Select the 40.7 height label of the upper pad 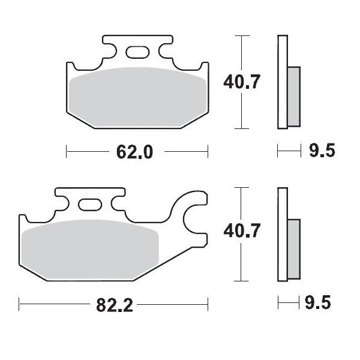242,82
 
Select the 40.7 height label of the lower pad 242,232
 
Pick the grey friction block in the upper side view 293,95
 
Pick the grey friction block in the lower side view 293,247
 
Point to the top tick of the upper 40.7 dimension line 241,36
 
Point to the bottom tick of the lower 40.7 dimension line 241,280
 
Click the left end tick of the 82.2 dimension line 20,304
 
